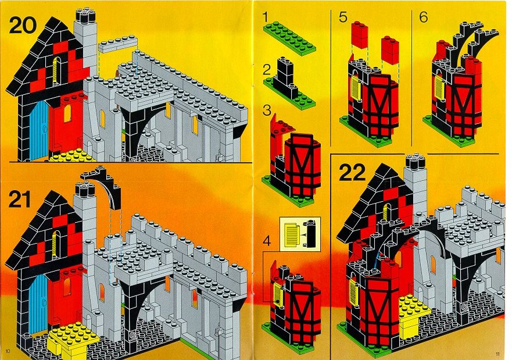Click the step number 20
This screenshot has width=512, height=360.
(x=23, y=25)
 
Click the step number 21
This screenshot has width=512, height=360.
(x=20, y=199)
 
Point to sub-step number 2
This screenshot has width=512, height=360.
(x=267, y=70)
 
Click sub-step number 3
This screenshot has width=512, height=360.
(x=267, y=110)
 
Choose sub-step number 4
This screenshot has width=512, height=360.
(x=267, y=242)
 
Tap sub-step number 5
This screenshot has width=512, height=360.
(x=342, y=17)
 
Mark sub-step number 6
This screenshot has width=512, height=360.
(x=423, y=17)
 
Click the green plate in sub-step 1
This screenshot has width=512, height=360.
(x=290, y=38)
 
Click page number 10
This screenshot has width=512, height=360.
(x=8, y=351)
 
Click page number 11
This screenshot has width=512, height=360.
(x=497, y=354)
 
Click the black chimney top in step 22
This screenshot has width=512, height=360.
(x=415, y=161)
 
